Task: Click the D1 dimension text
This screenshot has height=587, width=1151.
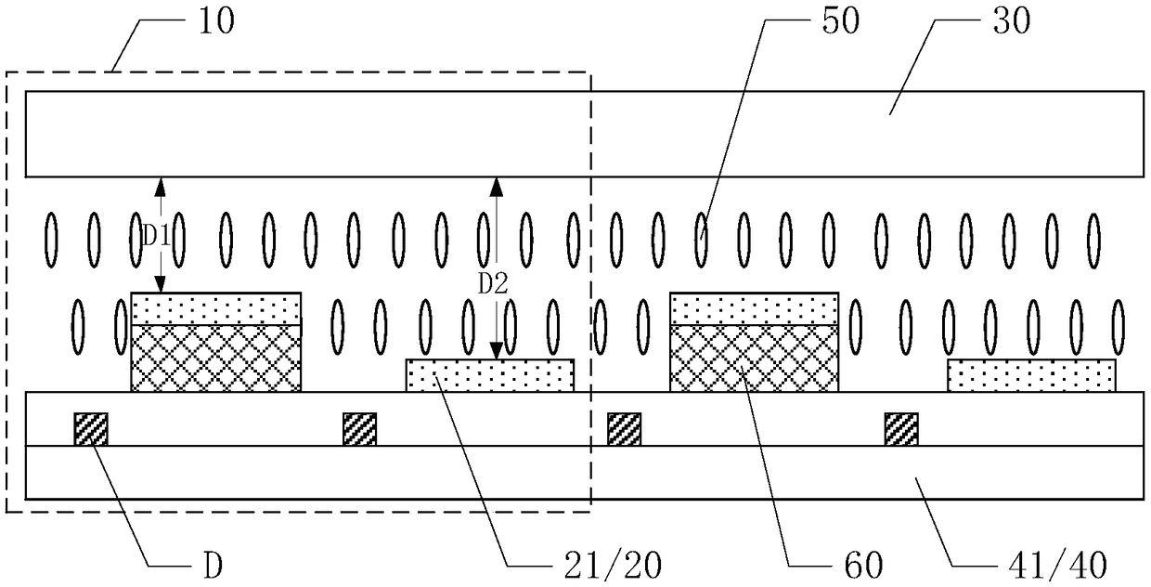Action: [x=156, y=236]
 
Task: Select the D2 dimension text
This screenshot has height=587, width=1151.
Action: [x=493, y=286]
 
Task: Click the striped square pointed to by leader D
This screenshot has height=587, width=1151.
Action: [x=91, y=429]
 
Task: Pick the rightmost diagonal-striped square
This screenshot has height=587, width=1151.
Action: [x=900, y=429]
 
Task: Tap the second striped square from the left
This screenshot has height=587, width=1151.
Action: [x=359, y=429]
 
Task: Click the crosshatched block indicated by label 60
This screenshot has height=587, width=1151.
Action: [x=754, y=358]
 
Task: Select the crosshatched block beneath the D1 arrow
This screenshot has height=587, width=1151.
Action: [x=216, y=358]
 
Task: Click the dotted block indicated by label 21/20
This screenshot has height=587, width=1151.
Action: [x=490, y=376]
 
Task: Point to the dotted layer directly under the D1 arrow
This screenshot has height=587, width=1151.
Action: [x=216, y=307]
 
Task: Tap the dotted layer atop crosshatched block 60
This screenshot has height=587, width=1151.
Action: [x=754, y=307]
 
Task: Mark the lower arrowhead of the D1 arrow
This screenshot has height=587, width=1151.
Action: [x=160, y=285]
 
